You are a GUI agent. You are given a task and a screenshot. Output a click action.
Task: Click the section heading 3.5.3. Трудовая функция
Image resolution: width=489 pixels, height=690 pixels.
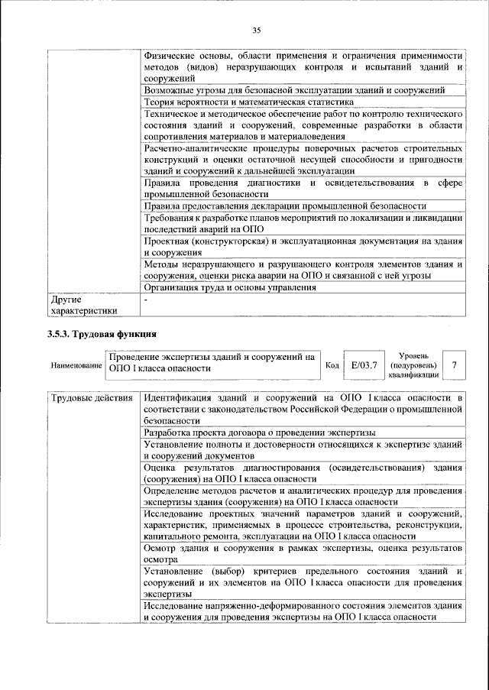[x=101, y=334]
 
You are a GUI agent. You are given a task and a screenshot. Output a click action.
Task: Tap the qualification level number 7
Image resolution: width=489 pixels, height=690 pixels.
[x=455, y=365]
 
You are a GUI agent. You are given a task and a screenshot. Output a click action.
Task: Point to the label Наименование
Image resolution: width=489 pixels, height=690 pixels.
[x=76, y=366]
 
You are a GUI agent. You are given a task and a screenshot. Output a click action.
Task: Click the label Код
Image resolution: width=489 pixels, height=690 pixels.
[x=332, y=365]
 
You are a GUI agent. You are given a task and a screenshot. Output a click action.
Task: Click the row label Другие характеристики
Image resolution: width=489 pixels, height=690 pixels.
[x=83, y=306]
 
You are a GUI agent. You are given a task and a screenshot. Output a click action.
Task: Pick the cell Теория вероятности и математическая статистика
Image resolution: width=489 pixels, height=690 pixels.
[x=248, y=102]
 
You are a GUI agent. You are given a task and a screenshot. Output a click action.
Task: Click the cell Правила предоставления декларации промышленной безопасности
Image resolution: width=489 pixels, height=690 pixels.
[x=284, y=206]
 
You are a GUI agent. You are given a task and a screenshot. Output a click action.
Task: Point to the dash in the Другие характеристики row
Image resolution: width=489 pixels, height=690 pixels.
[x=146, y=300]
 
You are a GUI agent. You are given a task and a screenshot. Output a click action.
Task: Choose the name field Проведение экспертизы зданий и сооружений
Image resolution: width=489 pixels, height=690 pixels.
[x=212, y=361]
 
